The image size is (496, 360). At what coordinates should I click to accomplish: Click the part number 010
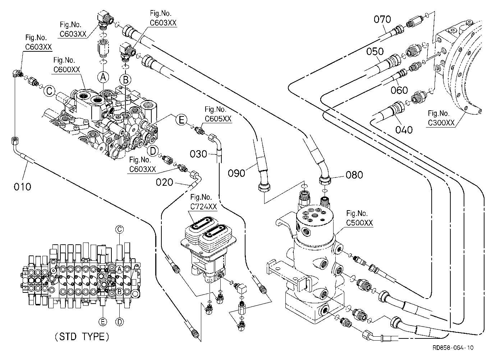pyautogui.click(x=22, y=186)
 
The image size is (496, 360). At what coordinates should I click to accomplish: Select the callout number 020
pyautogui.click(x=164, y=182)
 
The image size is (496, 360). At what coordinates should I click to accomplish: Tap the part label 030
pyautogui.click(x=198, y=154)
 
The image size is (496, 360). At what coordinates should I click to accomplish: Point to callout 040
pyautogui.click(x=404, y=130)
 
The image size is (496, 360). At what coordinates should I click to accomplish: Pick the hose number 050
pyautogui.click(x=375, y=51)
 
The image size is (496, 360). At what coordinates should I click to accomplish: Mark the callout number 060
pyautogui.click(x=399, y=90)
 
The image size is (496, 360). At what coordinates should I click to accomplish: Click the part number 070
pyautogui.click(x=382, y=19)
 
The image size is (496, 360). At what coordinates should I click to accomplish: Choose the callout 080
pyautogui.click(x=354, y=175)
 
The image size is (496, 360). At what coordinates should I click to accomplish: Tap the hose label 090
pyautogui.click(x=236, y=174)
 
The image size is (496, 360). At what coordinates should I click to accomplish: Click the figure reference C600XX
pyautogui.click(x=66, y=69)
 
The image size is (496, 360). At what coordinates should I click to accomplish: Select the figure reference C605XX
pyautogui.click(x=218, y=119)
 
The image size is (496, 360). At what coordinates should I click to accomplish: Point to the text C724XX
pyautogui.click(x=203, y=207)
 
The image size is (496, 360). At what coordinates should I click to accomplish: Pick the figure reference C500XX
pyautogui.click(x=359, y=223)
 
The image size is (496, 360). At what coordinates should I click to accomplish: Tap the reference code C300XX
pyautogui.click(x=441, y=123)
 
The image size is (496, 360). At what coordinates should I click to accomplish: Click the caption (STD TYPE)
pyautogui.click(x=82, y=337)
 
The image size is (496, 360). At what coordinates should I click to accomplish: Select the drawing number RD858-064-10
pyautogui.click(x=453, y=347)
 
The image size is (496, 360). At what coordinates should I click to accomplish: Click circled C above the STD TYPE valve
pyautogui.click(x=119, y=230)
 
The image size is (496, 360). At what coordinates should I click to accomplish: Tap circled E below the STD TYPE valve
pyautogui.click(x=103, y=322)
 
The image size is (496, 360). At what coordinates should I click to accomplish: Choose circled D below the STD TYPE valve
pyautogui.click(x=120, y=322)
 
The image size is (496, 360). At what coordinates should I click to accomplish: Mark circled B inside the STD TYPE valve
pyautogui.click(x=119, y=292)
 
